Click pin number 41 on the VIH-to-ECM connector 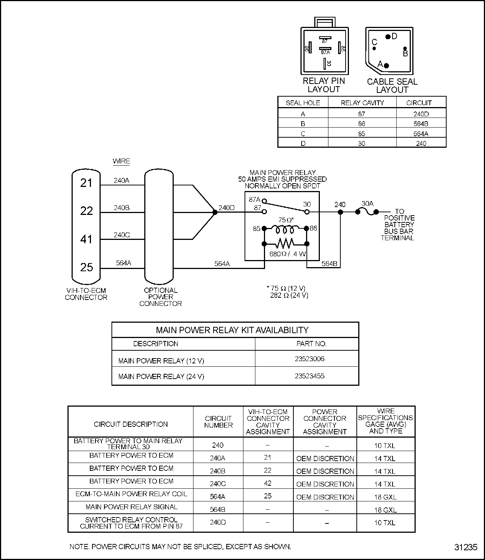click(x=86, y=239)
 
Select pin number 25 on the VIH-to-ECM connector click(x=86, y=267)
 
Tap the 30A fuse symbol click(x=367, y=212)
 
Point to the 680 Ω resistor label click(x=287, y=254)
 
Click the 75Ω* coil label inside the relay click(x=286, y=220)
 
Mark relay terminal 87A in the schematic click(x=255, y=200)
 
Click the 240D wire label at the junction click(x=227, y=208)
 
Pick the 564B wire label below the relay click(x=329, y=264)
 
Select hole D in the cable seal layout click(x=388, y=37)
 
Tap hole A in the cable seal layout click(x=386, y=66)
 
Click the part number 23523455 click(x=309, y=376)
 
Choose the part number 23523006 click(x=309, y=359)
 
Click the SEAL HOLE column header click(x=303, y=103)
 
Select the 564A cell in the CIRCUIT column click(x=421, y=134)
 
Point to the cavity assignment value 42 click(x=268, y=483)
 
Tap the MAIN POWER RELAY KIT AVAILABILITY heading click(x=232, y=330)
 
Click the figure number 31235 click(x=466, y=547)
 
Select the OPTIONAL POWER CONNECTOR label click(x=160, y=297)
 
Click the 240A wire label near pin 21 click(x=122, y=181)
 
